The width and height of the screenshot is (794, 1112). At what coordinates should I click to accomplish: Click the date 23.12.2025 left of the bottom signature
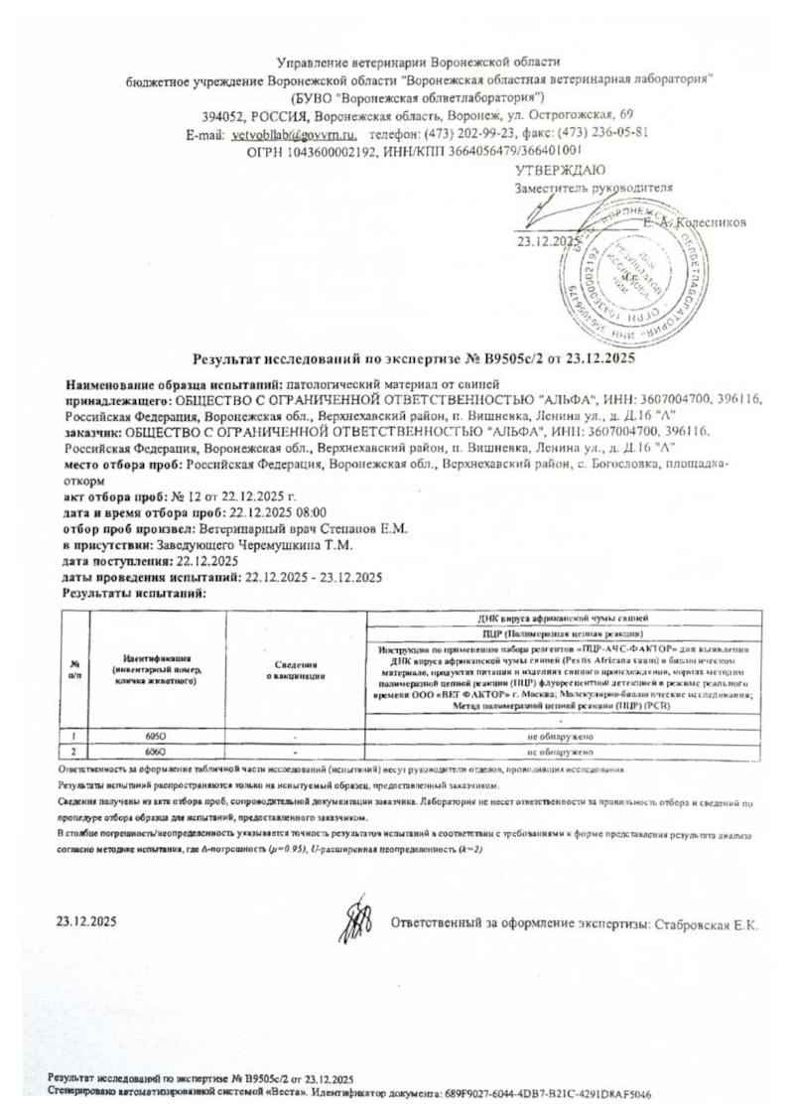[x=87, y=920]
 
